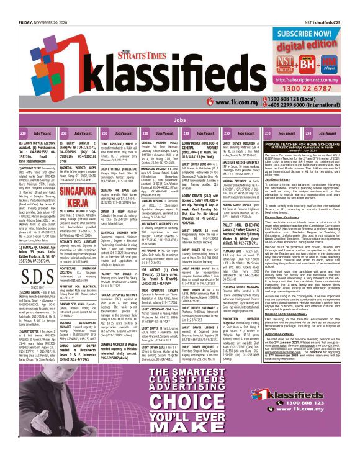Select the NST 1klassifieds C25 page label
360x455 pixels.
click(x=334, y=6)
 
